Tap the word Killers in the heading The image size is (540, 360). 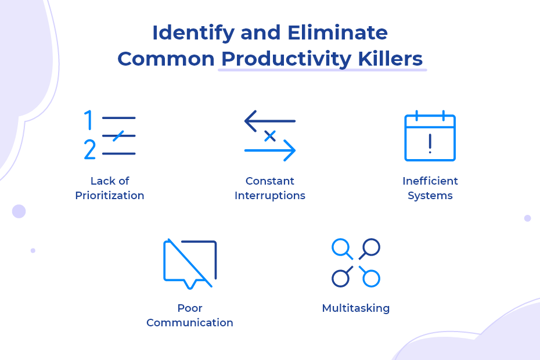(390, 59)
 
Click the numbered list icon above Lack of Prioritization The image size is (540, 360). (110, 135)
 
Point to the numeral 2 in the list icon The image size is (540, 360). (89, 149)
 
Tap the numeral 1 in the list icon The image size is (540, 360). (88, 120)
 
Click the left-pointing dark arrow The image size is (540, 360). (269, 121)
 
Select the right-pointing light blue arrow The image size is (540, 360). (270, 150)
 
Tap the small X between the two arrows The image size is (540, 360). (270, 136)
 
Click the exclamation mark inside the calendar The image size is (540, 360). (430, 143)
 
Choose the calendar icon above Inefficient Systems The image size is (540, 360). (430, 136)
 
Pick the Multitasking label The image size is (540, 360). (356, 308)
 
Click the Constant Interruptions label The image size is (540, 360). (270, 188)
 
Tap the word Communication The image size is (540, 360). (190, 322)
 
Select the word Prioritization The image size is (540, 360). (110, 195)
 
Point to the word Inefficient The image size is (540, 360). (430, 181)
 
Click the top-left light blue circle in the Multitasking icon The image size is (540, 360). (340, 247)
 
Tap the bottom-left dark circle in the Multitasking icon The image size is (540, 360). (340, 278)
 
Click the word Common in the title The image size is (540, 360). (166, 59)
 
